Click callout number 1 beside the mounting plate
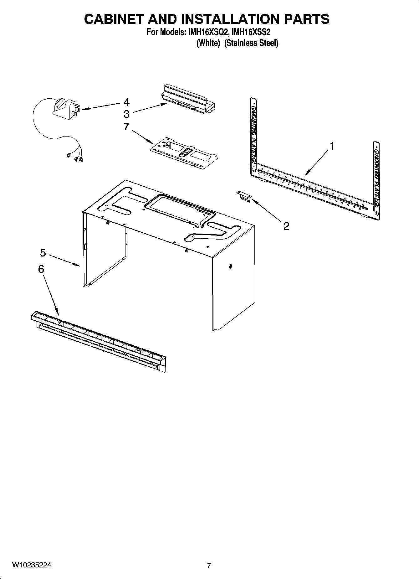[x=332, y=146]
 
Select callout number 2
[x=286, y=226]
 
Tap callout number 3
[x=126, y=114]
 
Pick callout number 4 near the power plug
[x=126, y=102]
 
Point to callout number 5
[x=43, y=252]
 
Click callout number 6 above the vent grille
[x=41, y=269]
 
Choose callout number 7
[x=126, y=127]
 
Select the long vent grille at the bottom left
[x=99, y=341]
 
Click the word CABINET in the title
[x=113, y=19]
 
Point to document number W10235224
[x=32, y=565]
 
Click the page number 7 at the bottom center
[x=209, y=565]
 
